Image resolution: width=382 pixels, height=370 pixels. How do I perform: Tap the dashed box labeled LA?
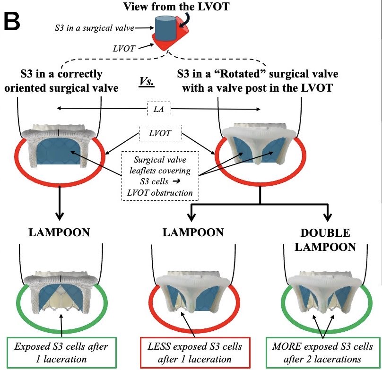[x=159, y=109]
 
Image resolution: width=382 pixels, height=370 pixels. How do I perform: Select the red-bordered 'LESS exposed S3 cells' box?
[x=191, y=352]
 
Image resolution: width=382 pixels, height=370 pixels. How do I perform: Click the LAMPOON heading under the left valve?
[x=58, y=233]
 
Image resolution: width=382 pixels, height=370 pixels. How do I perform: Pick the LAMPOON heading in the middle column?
[x=191, y=233]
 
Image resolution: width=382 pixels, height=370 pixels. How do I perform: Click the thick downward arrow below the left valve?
[x=58, y=203]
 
